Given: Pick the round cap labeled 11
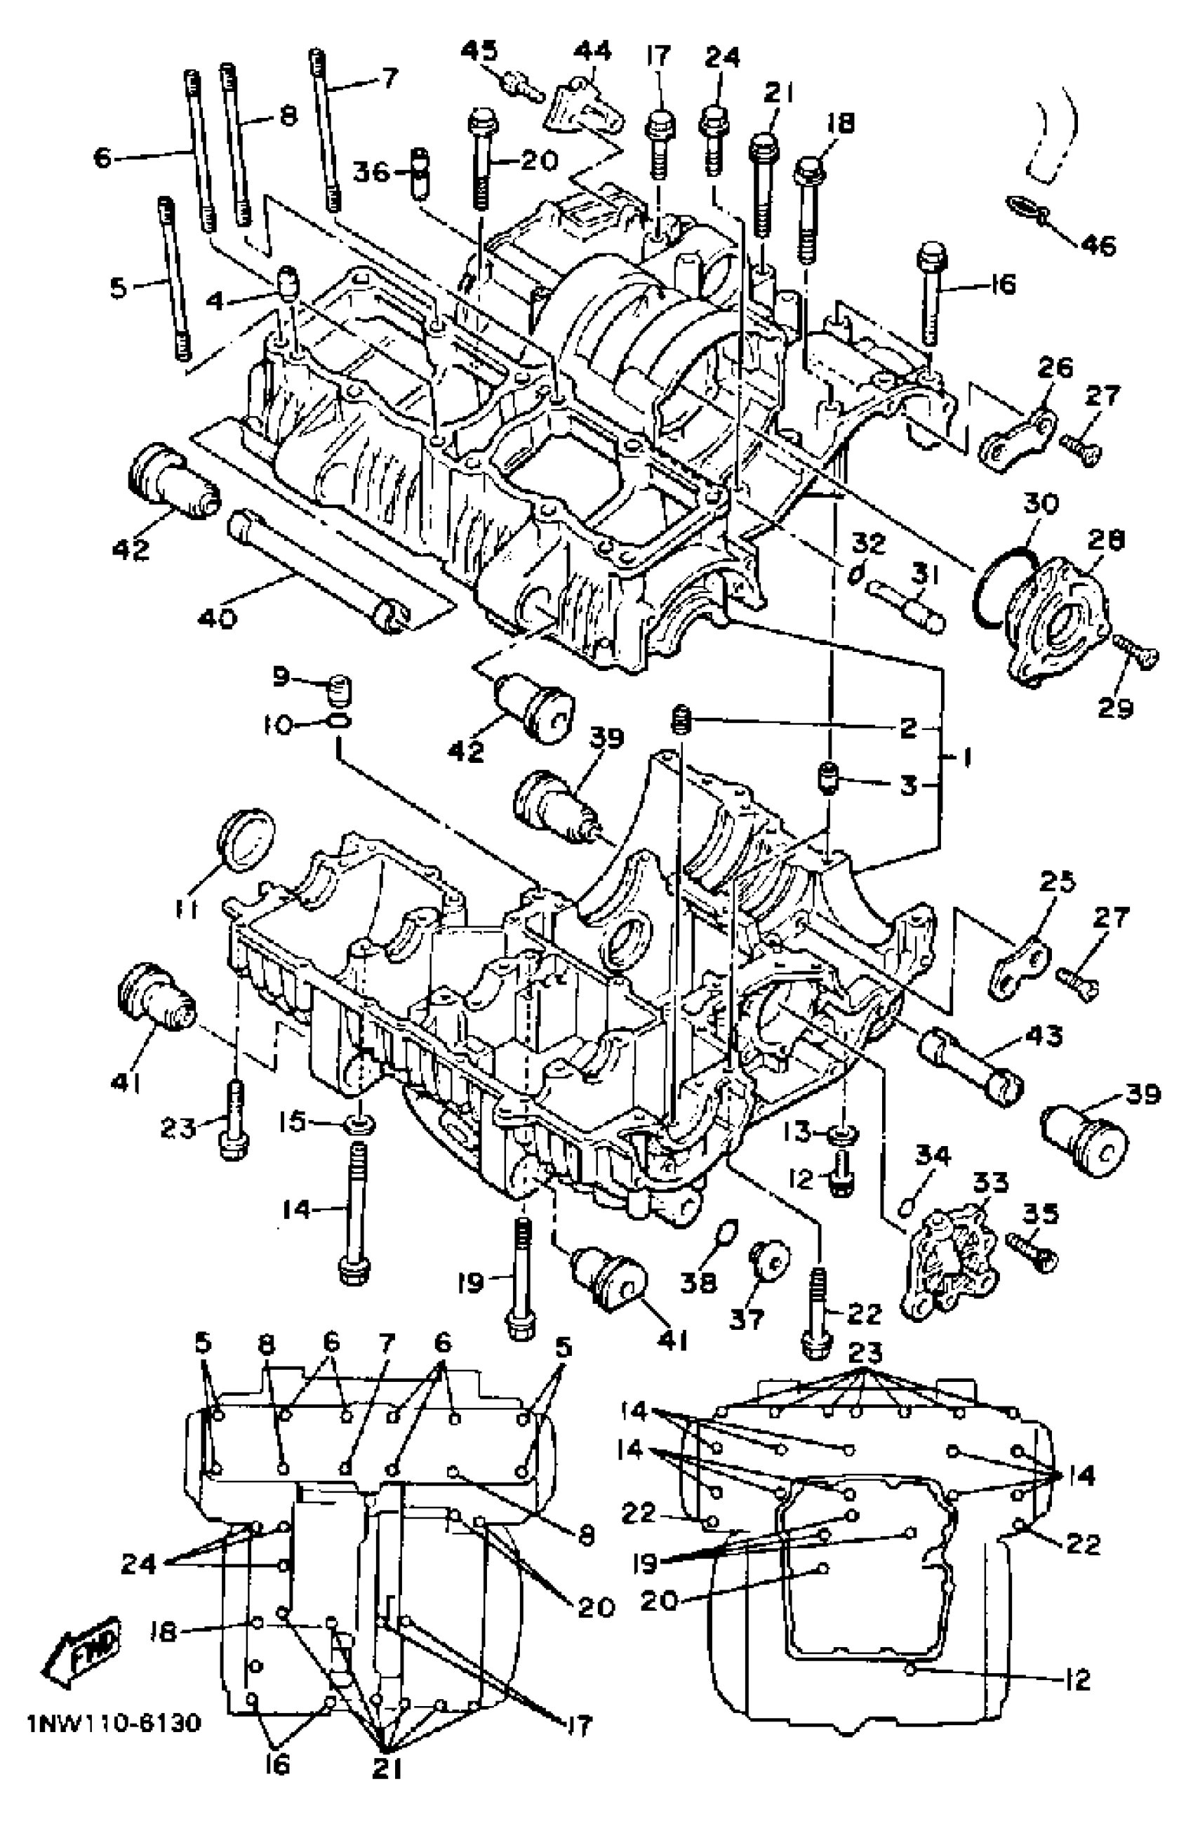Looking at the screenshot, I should (246, 839).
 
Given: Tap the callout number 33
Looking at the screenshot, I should (989, 1180).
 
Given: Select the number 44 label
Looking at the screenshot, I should (592, 51).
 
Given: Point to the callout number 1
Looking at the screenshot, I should (967, 758).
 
